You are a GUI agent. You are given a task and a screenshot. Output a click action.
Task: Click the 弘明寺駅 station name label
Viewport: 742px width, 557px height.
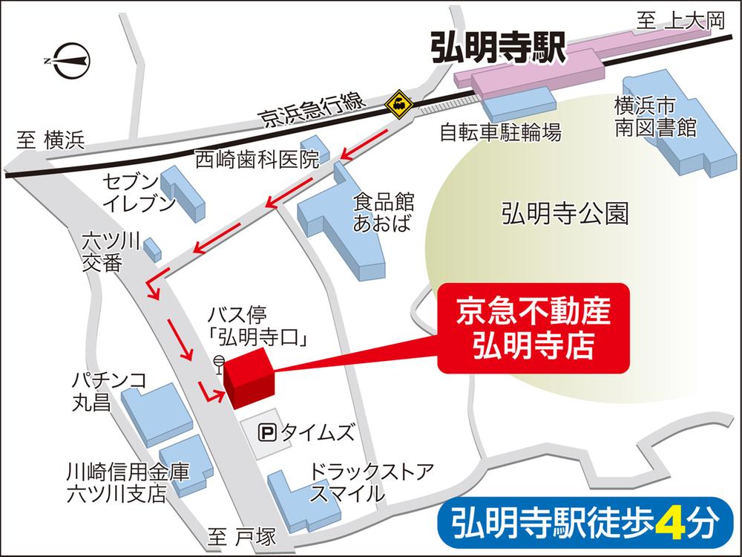pos(498,50)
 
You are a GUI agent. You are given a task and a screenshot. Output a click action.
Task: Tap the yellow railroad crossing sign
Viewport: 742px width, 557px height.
pos(399,103)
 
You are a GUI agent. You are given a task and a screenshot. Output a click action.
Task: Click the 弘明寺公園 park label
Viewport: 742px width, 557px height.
pos(565,215)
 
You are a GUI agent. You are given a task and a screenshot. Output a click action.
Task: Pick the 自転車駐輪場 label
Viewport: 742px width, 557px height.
pos(500,132)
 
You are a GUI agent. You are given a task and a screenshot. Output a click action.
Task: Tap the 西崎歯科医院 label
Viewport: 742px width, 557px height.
pos(256,159)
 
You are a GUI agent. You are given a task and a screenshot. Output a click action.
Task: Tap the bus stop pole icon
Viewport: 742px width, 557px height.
pos(217,365)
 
